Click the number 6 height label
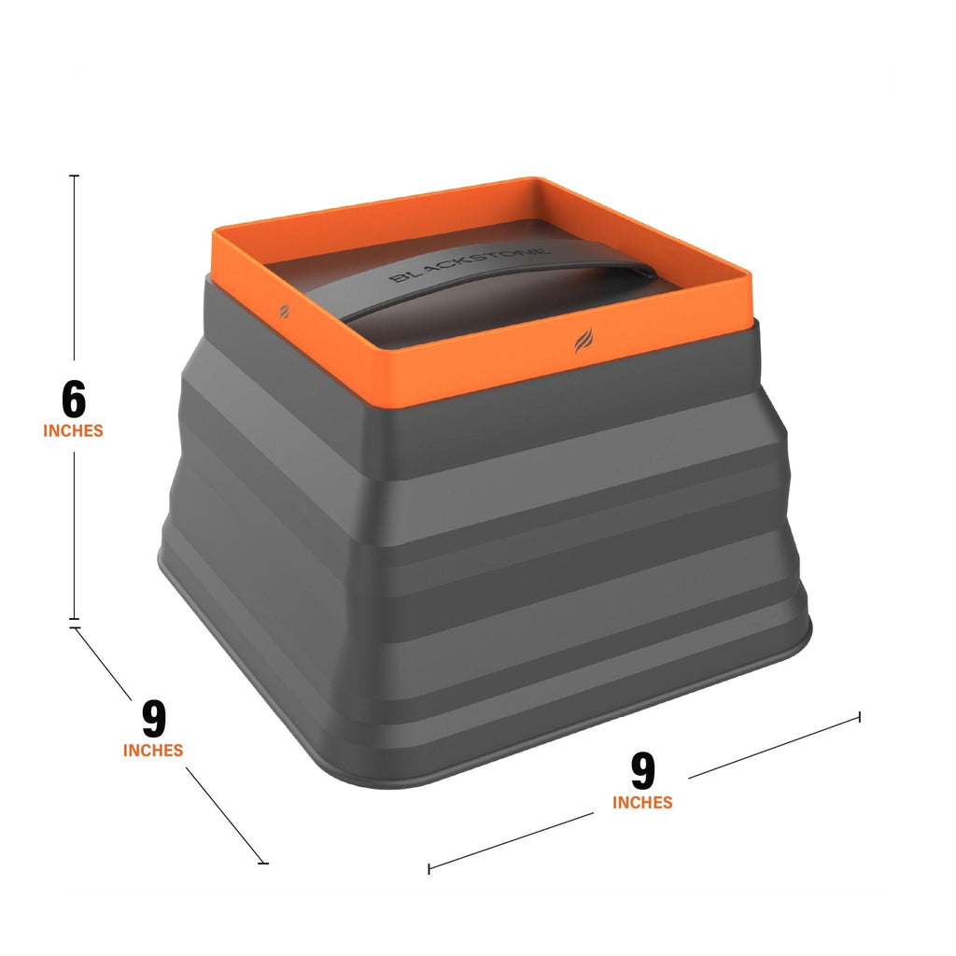coord(74,399)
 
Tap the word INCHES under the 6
coord(73,431)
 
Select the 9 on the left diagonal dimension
coord(154,719)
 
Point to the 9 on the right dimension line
coord(643,771)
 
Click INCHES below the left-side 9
coord(153,751)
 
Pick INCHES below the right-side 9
coord(642,803)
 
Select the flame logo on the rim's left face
coord(284,309)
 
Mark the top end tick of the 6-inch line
coord(75,176)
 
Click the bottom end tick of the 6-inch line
coord(75,618)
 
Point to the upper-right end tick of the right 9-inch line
coord(859,717)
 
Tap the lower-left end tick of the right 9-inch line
coord(429,868)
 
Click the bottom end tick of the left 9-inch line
coord(263,863)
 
